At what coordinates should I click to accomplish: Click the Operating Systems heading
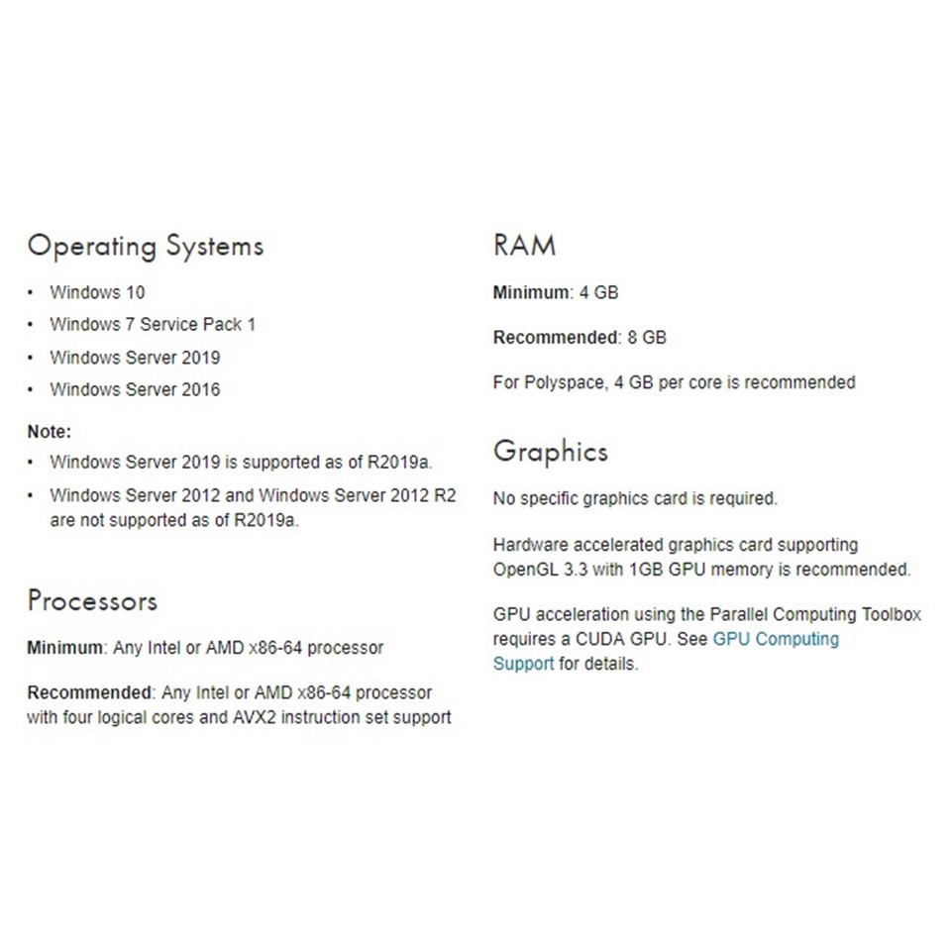pos(146,246)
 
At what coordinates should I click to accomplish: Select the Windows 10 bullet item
pos(97,292)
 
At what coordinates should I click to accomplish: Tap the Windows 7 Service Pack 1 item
pos(153,325)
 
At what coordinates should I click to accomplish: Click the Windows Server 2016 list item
pos(135,389)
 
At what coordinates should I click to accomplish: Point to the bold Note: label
pos(50,432)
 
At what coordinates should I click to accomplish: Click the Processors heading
pos(92,601)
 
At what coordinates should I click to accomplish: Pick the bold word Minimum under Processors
pos(64,648)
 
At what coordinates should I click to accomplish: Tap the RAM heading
pos(524,246)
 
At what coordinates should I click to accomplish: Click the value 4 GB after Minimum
pos(599,292)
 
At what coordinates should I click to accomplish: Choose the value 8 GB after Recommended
pos(647,338)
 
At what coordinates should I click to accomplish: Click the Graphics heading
pos(551,453)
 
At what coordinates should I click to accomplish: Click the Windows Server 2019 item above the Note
pos(135,358)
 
